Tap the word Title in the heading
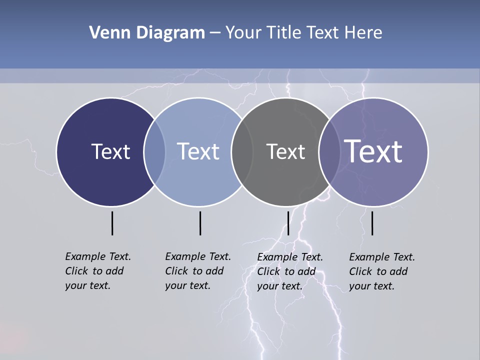pyautogui.click(x=283, y=33)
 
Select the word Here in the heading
pyautogui.click(x=363, y=33)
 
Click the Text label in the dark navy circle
pyautogui.click(x=110, y=151)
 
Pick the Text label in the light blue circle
pyautogui.click(x=198, y=151)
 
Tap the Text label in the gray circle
pyautogui.click(x=285, y=152)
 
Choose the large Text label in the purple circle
pyautogui.click(x=373, y=151)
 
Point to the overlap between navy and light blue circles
pyautogui.click(x=154, y=152)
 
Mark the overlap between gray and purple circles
pyautogui.click(x=329, y=152)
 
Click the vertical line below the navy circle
pyautogui.click(x=112, y=223)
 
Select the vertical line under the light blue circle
pyautogui.click(x=200, y=223)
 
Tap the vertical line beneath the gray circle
pyautogui.click(x=288, y=223)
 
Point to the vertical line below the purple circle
pyautogui.click(x=372, y=223)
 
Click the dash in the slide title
pyautogui.click(x=215, y=33)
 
